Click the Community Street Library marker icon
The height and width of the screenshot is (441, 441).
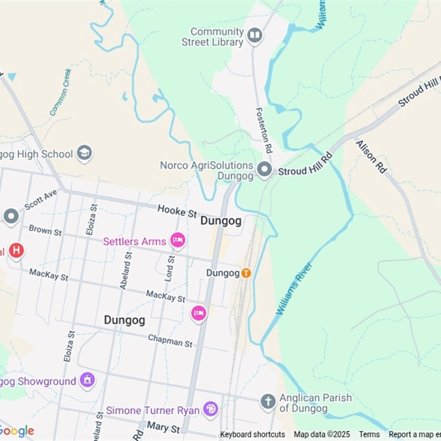[x=254, y=36]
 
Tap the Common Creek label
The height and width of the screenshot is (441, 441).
[x=60, y=92]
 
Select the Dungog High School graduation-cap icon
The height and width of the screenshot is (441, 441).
[x=84, y=153]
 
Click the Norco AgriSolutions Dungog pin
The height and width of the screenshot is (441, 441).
[x=265, y=170]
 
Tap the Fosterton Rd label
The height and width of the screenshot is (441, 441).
[x=264, y=130]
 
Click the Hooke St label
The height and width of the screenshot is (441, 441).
[x=177, y=210]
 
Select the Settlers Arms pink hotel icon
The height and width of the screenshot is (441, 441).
[x=177, y=240]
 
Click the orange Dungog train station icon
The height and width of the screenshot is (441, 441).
[x=246, y=273]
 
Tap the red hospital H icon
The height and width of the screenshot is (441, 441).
[x=17, y=251]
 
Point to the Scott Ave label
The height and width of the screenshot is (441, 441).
[x=41, y=199]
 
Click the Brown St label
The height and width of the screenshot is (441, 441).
[x=45, y=230]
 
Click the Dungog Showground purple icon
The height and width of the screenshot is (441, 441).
[x=87, y=380]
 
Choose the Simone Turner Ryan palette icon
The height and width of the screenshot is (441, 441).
[x=211, y=410]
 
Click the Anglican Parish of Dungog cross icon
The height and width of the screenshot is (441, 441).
[x=268, y=402]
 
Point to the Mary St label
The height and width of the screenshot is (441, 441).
[x=163, y=428]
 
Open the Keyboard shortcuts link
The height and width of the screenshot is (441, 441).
[x=252, y=434]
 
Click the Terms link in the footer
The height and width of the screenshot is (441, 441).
[x=369, y=434]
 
